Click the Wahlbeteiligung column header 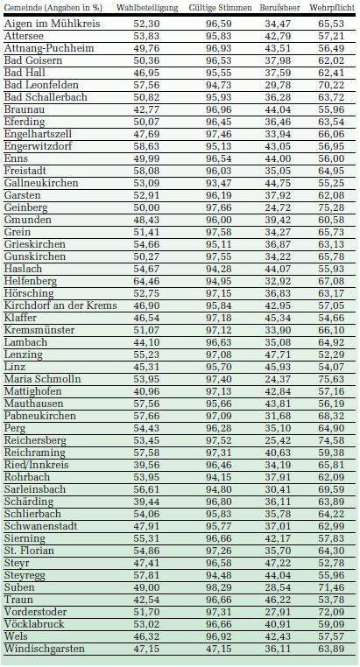point(147,8)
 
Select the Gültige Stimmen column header point(221,8)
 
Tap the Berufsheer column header point(279,8)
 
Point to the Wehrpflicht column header point(332,8)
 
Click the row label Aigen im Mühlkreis point(53,24)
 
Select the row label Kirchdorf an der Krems point(60,305)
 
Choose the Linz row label point(15,367)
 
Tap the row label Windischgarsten point(45,649)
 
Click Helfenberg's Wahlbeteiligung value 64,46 point(145,281)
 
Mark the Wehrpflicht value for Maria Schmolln point(331,379)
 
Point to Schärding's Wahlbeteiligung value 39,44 point(145,502)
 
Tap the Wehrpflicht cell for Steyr point(331,563)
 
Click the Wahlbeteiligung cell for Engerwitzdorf point(145,146)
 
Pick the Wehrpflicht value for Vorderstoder point(331,612)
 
